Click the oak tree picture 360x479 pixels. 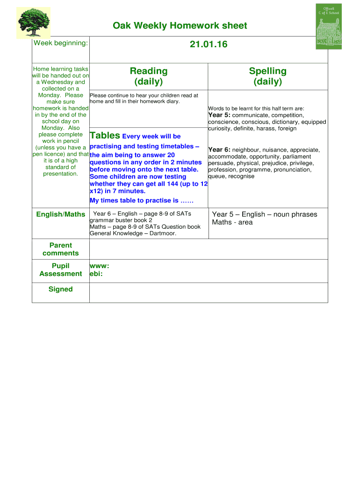(x=33, y=22)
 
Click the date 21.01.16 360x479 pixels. (x=209, y=44)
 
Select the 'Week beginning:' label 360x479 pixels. (x=60, y=43)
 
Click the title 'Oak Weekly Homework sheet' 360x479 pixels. (x=180, y=26)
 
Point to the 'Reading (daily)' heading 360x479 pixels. (x=149, y=76)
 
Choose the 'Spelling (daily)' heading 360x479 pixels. (x=267, y=76)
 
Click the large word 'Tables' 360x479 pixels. (x=105, y=136)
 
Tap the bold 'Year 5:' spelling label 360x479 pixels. (x=219, y=115)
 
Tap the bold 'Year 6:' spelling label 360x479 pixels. (x=219, y=150)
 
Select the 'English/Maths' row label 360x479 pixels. (x=61, y=214)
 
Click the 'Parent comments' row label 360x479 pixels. (x=61, y=249)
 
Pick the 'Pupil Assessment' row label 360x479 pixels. (x=61, y=270)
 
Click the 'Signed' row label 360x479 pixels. (x=61, y=289)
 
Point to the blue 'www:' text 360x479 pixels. (x=99, y=266)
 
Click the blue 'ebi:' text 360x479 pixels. (x=96, y=274)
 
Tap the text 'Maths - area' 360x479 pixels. (x=232, y=222)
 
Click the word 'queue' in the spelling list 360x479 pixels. (x=217, y=176)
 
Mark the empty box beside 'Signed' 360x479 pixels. (x=209, y=292)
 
